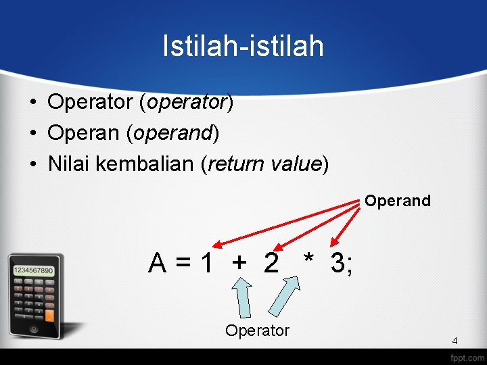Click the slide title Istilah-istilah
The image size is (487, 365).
coord(243,46)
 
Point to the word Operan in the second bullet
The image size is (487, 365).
coord(85,133)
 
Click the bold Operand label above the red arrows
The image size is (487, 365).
coord(398,201)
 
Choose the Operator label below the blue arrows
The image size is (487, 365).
coord(257,331)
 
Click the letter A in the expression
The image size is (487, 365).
coord(158,263)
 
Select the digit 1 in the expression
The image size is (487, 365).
coord(206,263)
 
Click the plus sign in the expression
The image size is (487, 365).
coord(239,263)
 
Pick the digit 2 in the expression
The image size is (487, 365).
coord(271,263)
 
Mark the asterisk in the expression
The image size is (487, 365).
coord(308,260)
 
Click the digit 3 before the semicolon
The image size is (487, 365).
coord(338,263)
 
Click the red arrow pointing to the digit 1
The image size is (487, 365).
coord(284,224)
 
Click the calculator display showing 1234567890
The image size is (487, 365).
coord(33,270)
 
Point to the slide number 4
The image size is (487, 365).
coord(455,341)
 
